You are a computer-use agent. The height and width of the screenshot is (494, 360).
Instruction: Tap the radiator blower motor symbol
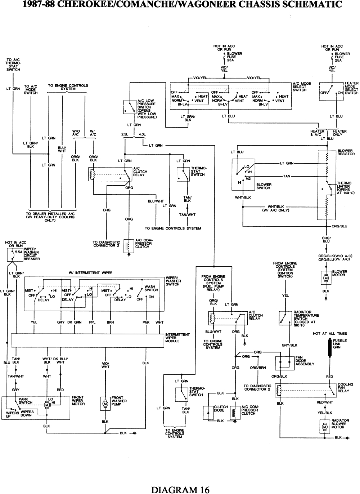325,427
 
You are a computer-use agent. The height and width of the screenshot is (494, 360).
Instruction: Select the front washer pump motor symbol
105,404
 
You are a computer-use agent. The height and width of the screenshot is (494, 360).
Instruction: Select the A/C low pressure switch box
130,107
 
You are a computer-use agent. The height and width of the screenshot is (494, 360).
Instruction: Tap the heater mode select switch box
332,92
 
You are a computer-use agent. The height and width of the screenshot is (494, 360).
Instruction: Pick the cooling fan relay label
345,388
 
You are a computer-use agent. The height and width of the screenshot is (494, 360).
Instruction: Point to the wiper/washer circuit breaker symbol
14,254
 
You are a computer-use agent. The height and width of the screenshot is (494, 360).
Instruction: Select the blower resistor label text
346,152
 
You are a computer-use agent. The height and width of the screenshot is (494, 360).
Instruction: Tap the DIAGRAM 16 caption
180,490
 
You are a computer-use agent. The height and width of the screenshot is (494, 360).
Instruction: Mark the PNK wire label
146,322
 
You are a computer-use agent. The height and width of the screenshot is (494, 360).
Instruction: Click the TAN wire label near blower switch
287,176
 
